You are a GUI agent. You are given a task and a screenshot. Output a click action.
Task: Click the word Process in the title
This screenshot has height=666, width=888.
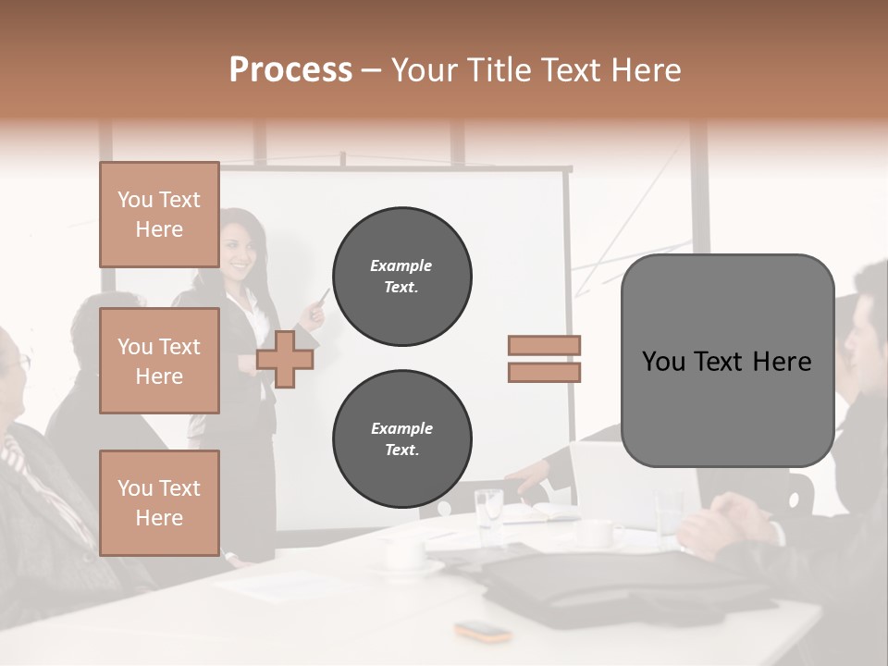(x=290, y=70)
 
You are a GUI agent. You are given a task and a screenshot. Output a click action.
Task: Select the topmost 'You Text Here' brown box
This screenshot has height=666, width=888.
(x=159, y=215)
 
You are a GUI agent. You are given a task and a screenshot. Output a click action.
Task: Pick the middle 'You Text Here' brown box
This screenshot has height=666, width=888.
(x=159, y=361)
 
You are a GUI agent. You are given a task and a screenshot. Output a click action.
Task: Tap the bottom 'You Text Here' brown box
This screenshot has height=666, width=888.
(x=159, y=502)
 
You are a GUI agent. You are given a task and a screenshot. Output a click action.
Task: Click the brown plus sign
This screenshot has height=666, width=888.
(x=285, y=359)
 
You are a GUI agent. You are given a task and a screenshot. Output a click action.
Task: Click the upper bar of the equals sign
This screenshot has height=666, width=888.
(x=544, y=345)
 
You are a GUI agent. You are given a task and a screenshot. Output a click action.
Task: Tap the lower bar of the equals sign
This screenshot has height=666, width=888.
(x=544, y=372)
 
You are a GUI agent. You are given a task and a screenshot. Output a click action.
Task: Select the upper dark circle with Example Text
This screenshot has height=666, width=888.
(x=401, y=277)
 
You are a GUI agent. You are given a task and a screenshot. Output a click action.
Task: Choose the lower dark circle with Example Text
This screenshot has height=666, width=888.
(x=401, y=439)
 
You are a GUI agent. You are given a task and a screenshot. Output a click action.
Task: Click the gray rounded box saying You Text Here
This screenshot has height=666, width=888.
(x=727, y=361)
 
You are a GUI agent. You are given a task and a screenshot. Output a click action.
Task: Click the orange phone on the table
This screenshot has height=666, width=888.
(x=483, y=632)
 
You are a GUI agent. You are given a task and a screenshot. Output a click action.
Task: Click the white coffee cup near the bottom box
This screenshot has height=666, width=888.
(x=404, y=551)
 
